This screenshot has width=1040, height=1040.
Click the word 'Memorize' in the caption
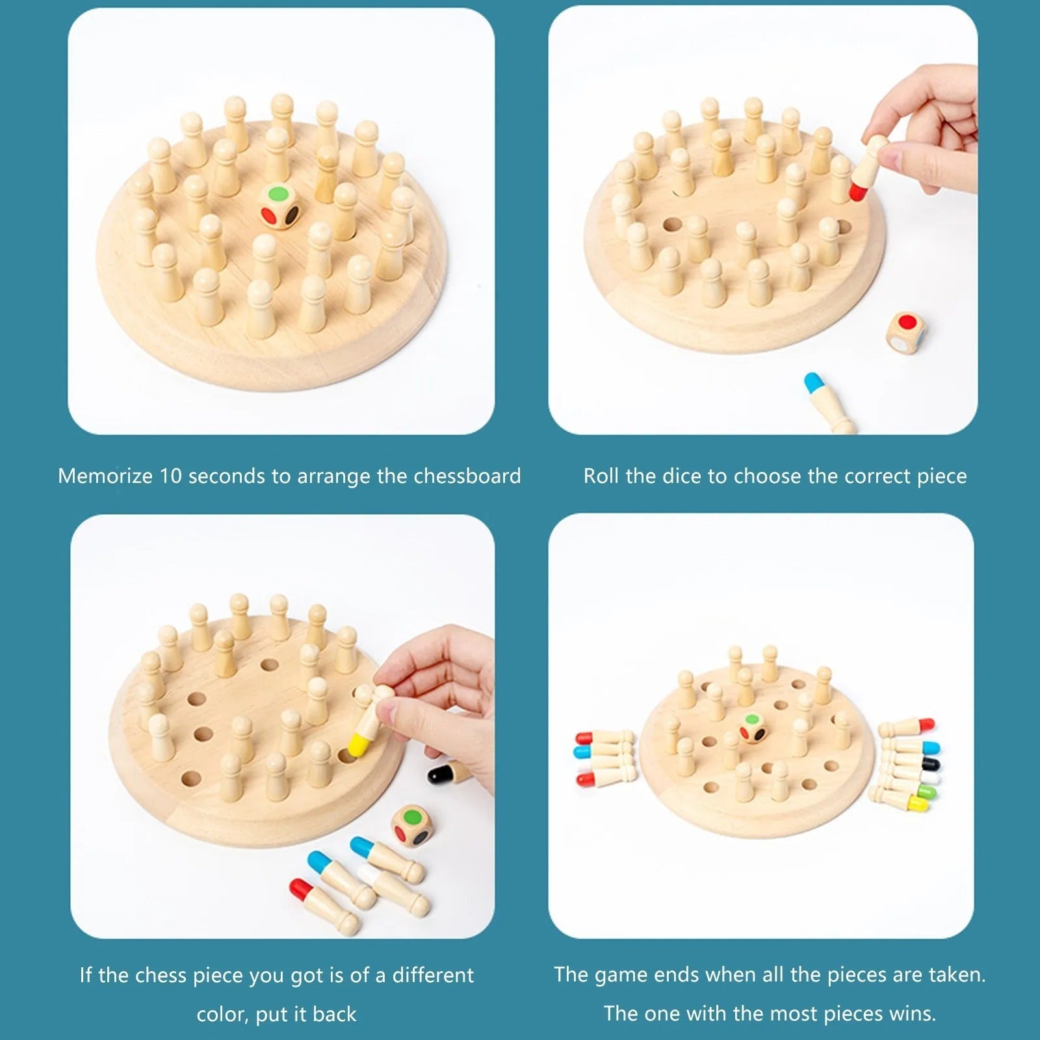105,476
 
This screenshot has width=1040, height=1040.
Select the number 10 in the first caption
170,476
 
